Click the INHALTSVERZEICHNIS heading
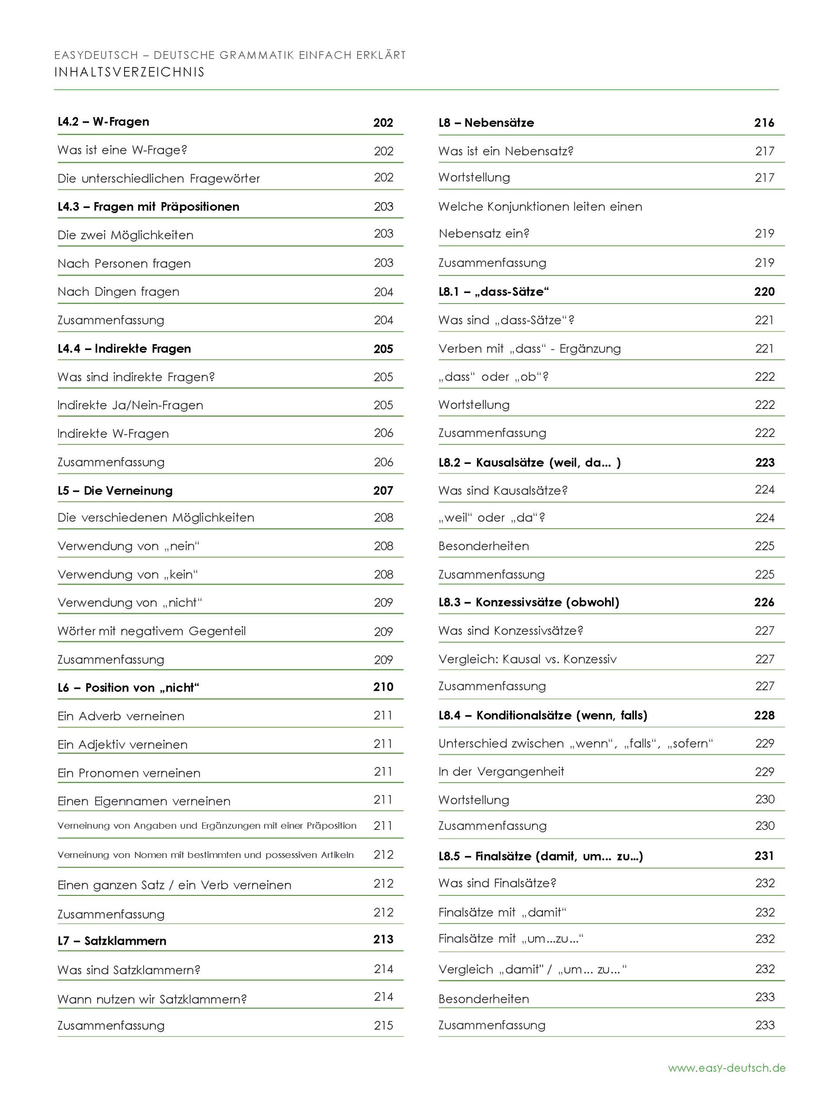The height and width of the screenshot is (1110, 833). pos(130,72)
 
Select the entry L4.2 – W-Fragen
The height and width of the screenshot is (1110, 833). pos(103,122)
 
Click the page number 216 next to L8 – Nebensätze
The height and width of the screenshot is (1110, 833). pos(764,123)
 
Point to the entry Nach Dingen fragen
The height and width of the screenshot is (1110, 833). pos(118,292)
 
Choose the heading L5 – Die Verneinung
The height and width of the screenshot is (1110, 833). pos(115,491)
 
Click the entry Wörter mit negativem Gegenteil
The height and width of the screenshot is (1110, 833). pos(152,631)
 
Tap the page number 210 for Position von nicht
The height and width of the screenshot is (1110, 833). pos(383,688)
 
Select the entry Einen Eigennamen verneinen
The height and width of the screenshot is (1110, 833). pos(144,801)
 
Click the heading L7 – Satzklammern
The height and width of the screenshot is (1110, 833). pos(112,941)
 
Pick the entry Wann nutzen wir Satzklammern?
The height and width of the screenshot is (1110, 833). pos(152,999)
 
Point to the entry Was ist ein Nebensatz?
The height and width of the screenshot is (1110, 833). pos(505,151)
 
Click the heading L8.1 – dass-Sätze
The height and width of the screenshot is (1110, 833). pos(494,292)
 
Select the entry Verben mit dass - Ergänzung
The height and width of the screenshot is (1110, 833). pos(529,349)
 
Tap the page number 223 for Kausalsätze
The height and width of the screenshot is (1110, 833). pos(764,463)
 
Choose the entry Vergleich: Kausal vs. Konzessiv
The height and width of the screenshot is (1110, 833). pos(527,659)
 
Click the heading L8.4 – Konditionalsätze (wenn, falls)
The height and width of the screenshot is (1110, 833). pos(543,715)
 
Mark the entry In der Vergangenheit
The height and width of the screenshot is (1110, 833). pos(501,772)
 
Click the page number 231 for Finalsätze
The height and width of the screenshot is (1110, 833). pos(764,856)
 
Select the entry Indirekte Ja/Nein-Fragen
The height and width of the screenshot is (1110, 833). pos(131,405)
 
